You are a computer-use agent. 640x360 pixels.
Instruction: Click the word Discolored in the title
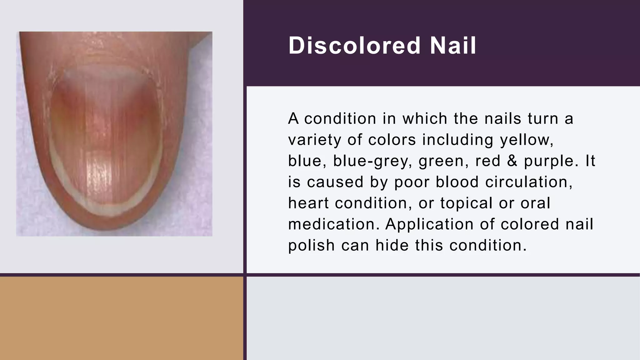(x=354, y=46)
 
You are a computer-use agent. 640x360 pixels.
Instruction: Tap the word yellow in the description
(x=527, y=140)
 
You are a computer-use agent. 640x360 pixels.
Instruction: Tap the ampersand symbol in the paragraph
(x=512, y=161)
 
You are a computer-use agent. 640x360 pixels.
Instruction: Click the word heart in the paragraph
(x=308, y=203)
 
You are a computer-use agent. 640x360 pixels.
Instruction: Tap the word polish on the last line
(x=311, y=245)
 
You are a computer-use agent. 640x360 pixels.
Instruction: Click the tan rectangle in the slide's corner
(x=121, y=318)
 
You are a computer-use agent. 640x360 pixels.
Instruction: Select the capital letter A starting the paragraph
(x=293, y=119)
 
